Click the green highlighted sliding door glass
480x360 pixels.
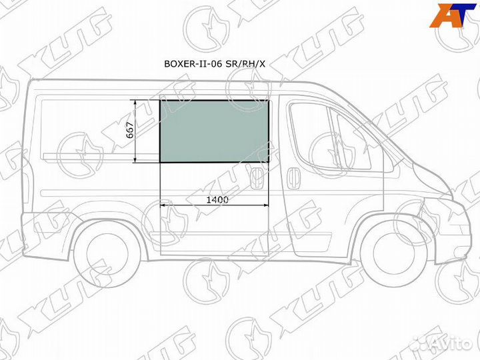tap(214, 131)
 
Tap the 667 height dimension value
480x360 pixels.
tap(131, 131)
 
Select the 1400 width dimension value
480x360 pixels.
tap(217, 200)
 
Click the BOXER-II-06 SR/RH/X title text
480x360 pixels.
tap(215, 64)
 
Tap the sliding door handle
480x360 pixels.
tap(255, 179)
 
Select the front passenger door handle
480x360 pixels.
tap(293, 179)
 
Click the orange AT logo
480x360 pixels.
tap(453, 15)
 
